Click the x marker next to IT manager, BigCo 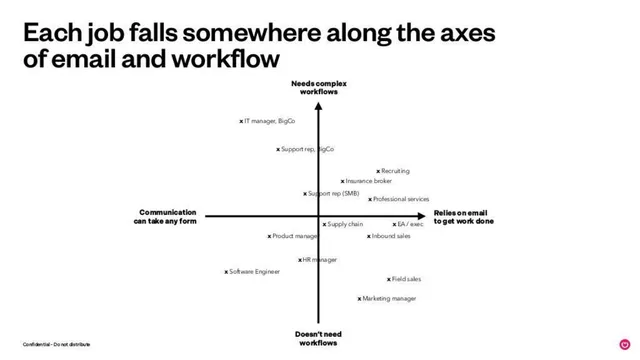241,121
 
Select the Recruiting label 396,171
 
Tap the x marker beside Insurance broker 342,181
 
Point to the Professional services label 401,199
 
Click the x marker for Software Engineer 226,272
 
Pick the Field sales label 407,279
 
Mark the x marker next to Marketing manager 359,299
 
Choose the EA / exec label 411,224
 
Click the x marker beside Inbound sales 369,236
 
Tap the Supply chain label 345,224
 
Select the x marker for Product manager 269,236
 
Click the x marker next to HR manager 300,260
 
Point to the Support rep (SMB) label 334,193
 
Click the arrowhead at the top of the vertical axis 318,106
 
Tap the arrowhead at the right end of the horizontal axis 422,216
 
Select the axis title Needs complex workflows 319,88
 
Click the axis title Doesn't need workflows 318,338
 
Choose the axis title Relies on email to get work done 464,217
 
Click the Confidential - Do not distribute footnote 56,344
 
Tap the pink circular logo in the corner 625,344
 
